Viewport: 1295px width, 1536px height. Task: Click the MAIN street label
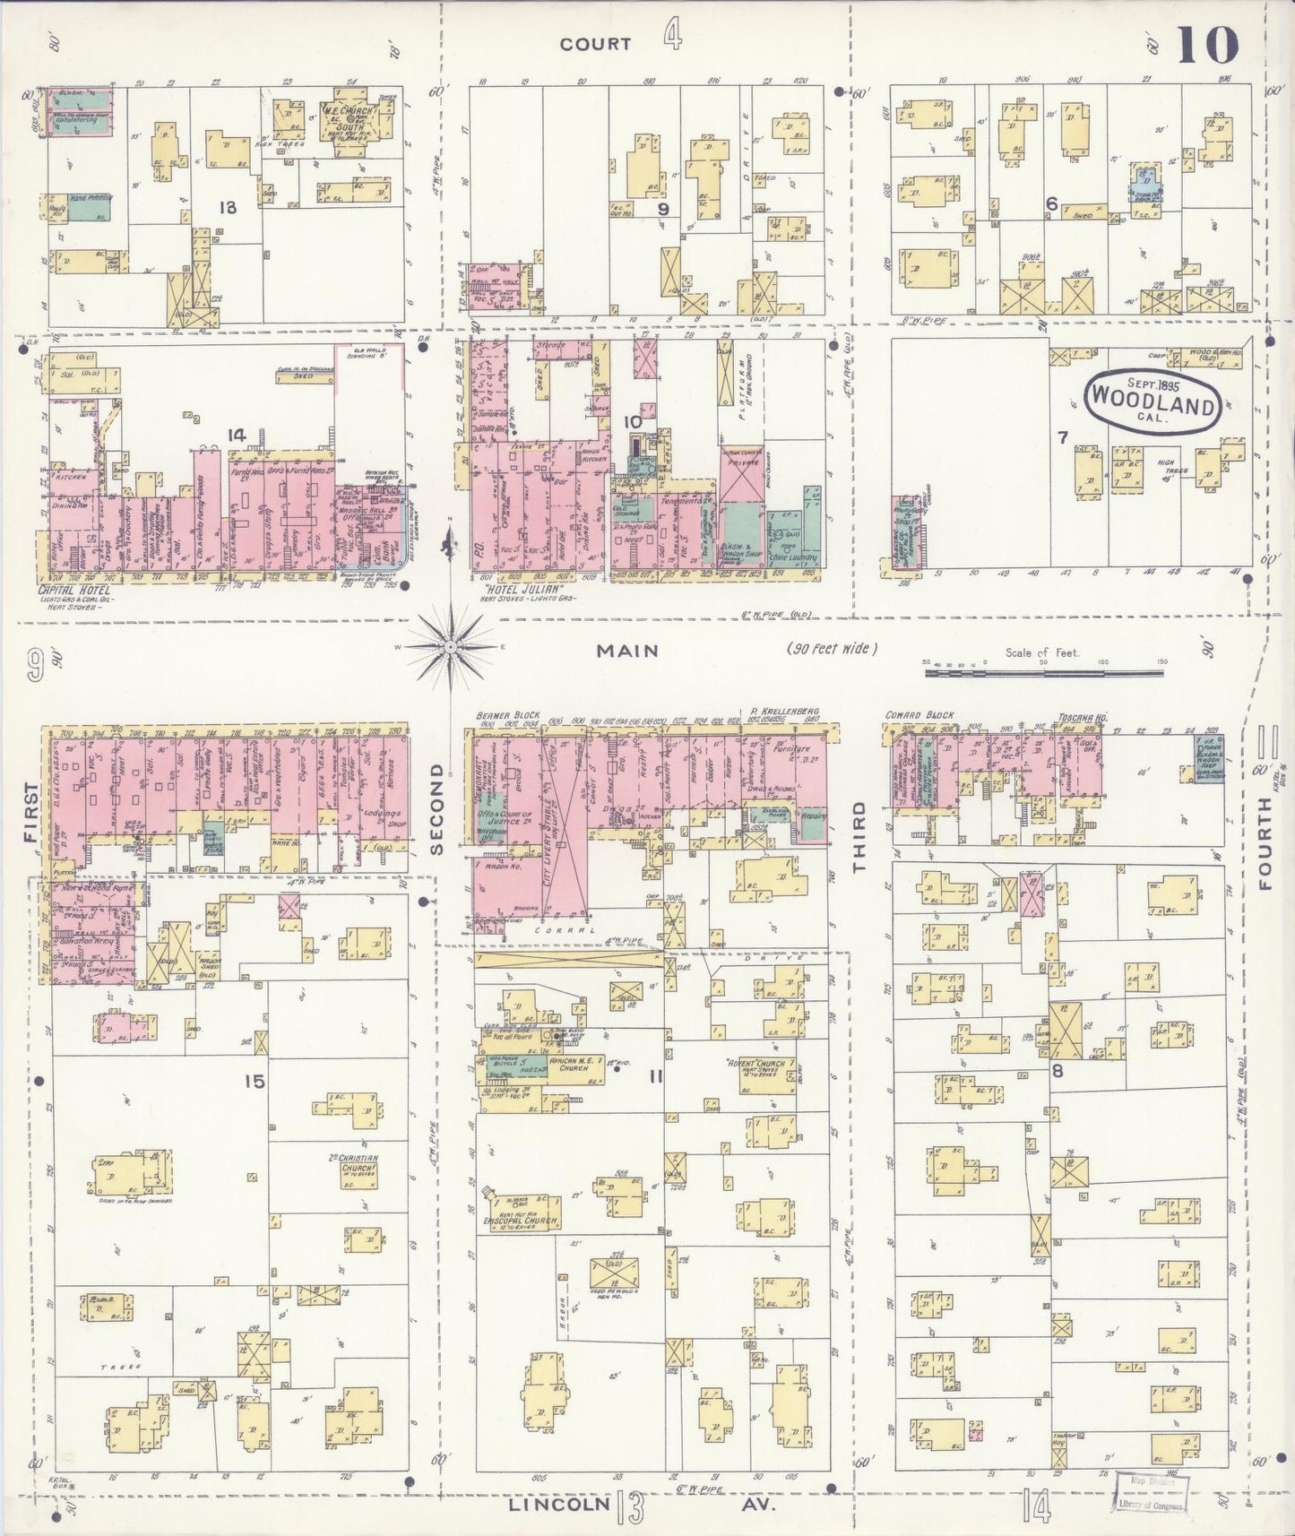628,652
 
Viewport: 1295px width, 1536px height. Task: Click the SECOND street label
437,807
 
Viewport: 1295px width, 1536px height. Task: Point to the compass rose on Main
451,643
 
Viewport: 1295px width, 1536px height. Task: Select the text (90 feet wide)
833,649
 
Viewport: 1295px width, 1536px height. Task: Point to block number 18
228,208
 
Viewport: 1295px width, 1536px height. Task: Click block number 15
255,1082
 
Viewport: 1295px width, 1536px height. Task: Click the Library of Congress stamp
1151,1493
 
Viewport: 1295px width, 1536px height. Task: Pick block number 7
1063,437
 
